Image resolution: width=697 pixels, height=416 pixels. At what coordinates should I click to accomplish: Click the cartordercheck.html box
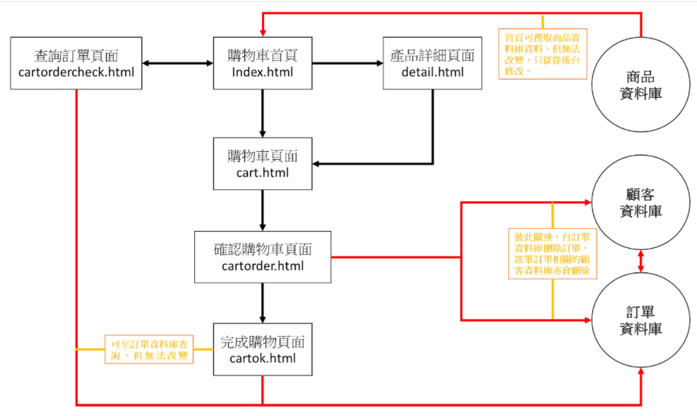[x=76, y=63]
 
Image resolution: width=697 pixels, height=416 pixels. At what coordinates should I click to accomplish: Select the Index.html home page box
[x=262, y=63]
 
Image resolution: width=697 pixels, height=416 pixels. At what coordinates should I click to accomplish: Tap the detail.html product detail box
[x=432, y=63]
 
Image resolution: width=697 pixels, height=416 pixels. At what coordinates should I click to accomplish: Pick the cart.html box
[x=262, y=164]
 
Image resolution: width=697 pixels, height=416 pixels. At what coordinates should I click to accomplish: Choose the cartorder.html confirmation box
[x=262, y=257]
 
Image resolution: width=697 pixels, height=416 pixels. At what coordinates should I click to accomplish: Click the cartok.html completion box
[x=262, y=349]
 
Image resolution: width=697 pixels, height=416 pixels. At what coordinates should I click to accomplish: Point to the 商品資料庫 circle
[x=641, y=85]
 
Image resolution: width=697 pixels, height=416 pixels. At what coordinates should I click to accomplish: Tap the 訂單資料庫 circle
[x=641, y=320]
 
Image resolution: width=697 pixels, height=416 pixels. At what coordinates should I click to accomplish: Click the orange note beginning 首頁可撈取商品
[x=543, y=54]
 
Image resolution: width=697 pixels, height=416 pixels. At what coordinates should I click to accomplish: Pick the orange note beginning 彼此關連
[x=553, y=253]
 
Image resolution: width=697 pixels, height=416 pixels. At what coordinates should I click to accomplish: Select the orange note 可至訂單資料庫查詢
[x=149, y=349]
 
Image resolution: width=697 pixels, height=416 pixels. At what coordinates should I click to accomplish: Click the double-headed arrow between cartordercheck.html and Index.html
[x=177, y=63]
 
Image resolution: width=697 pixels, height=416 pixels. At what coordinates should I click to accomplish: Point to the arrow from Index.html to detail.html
[x=347, y=63]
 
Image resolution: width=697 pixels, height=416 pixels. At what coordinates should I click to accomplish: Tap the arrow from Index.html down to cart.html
[x=262, y=113]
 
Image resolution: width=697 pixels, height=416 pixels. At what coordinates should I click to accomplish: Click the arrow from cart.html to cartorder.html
[x=262, y=210]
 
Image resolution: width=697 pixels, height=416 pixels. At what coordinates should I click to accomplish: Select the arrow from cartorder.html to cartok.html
[x=262, y=303]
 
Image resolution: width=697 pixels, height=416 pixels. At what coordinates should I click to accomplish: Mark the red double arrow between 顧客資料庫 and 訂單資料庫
[x=641, y=261]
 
